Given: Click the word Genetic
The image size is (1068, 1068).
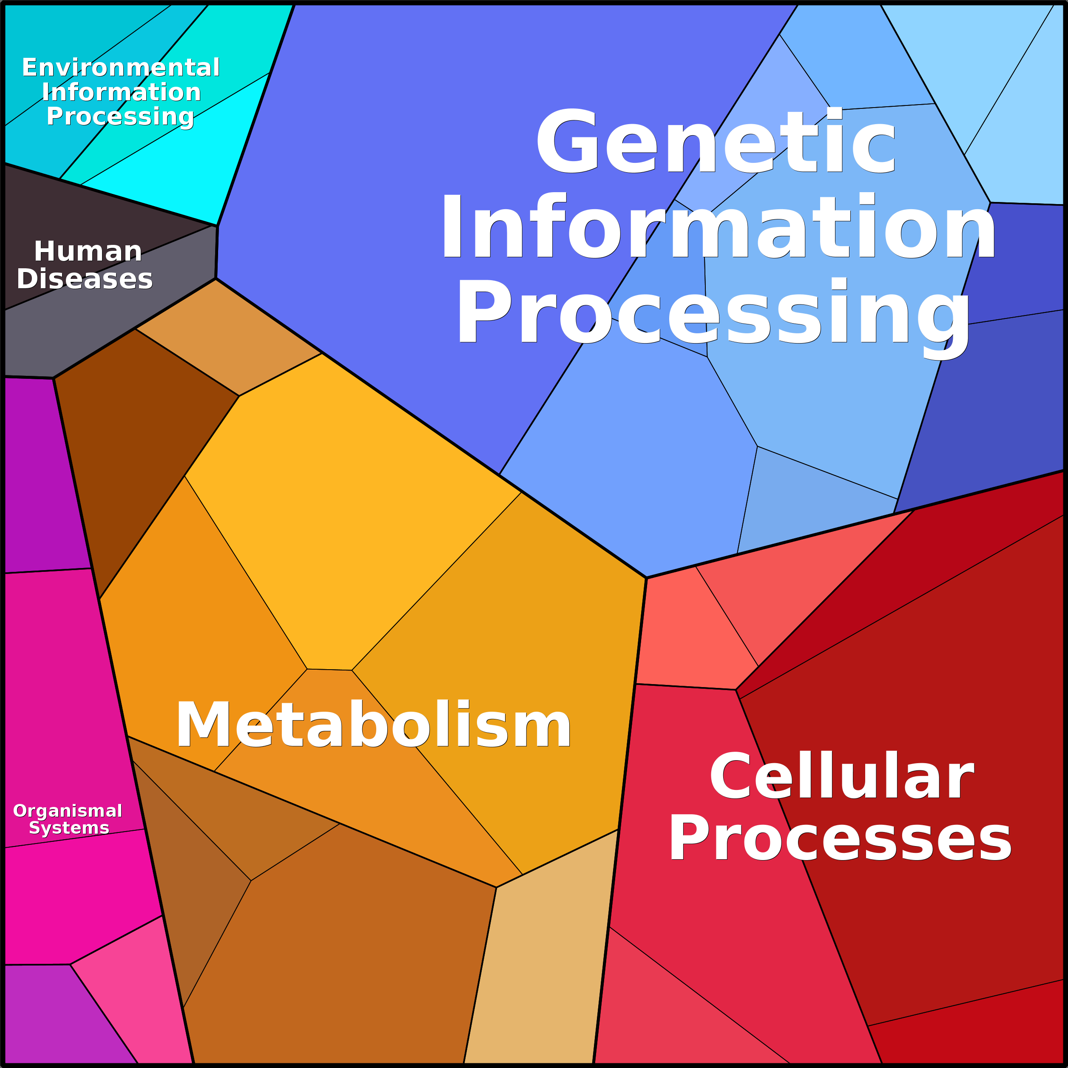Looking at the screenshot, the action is pyautogui.click(x=716, y=140).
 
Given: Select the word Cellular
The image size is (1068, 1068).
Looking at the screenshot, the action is pyautogui.click(x=841, y=776).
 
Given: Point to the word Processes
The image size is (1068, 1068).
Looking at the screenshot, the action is pyautogui.click(x=840, y=838).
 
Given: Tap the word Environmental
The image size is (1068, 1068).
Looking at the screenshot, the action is pyautogui.click(x=121, y=68).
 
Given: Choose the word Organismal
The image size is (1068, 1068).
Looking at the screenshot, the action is pyautogui.click(x=68, y=811).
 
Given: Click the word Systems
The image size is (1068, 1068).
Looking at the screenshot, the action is pyautogui.click(x=69, y=827).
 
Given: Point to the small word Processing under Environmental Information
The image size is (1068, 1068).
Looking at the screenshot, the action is pyautogui.click(x=120, y=116).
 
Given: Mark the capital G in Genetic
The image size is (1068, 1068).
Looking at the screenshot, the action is pyautogui.click(x=567, y=140).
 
